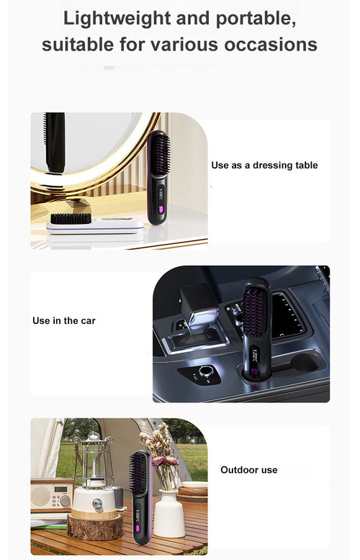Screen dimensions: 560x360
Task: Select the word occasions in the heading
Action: point(271,45)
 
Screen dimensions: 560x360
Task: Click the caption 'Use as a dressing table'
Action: point(264,166)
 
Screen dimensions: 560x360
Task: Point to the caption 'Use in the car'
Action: point(64,320)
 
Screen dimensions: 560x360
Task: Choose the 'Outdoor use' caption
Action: point(248,470)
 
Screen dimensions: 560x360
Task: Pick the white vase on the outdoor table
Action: point(169,513)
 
